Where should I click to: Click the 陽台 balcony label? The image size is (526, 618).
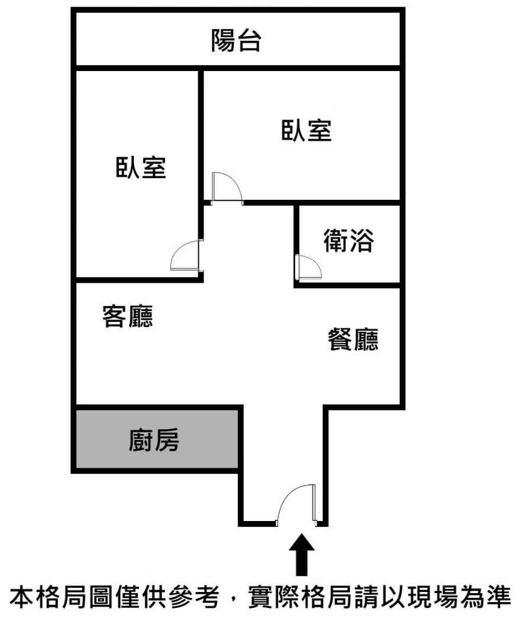[236, 41]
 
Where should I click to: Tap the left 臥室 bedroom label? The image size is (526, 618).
[141, 168]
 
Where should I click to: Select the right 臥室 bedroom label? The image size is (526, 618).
[306, 130]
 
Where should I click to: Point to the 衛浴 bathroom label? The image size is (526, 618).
[348, 241]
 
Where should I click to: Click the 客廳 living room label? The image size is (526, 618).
[128, 316]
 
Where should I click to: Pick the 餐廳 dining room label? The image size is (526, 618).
[353, 340]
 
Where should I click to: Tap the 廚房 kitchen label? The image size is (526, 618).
[154, 441]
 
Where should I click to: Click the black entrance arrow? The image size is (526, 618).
[302, 553]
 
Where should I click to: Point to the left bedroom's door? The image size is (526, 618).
[186, 256]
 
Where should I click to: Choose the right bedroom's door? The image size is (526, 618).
[227, 188]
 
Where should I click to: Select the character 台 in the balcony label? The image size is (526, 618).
[249, 41]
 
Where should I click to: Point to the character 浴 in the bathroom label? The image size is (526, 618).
[362, 241]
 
